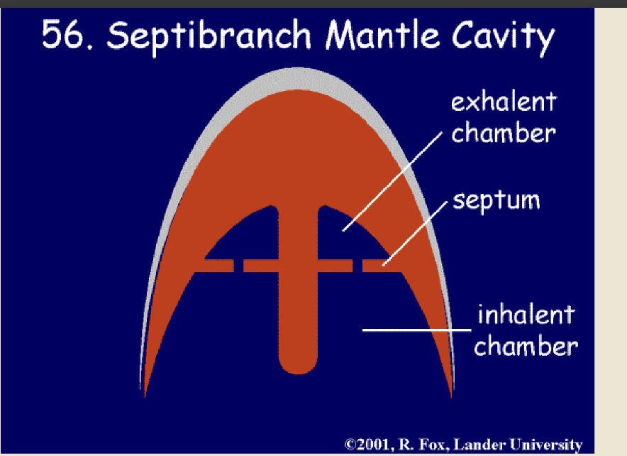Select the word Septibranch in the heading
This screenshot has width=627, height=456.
pos(209,36)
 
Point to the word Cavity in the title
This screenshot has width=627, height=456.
pos(503,37)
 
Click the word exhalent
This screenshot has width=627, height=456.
pos(504,102)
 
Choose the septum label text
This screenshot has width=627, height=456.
pos(496,200)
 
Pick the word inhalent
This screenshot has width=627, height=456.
pos(526,314)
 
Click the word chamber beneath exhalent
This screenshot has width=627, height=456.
pos(504,133)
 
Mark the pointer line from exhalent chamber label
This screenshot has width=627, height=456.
pos(392,181)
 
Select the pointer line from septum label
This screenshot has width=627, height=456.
pos(415,234)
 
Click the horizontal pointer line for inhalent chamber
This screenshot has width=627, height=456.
pos(416,330)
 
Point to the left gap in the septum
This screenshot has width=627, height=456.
pos(239,266)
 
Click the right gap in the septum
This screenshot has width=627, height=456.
pos(358,266)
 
